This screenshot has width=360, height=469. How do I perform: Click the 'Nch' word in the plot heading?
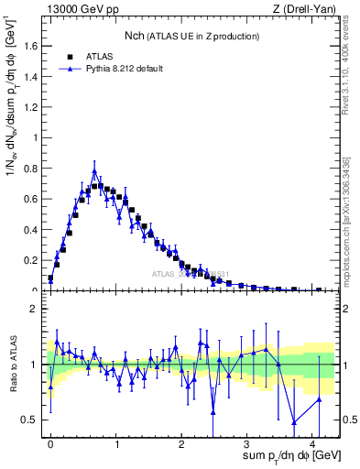(x=136, y=36)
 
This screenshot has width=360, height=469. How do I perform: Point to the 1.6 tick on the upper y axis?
(x=34, y=47)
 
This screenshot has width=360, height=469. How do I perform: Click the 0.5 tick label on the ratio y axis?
(x=34, y=420)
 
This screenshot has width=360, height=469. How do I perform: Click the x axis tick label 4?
(x=312, y=442)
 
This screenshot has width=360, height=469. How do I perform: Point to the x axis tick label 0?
(x=50, y=442)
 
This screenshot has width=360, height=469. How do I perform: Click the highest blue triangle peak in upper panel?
(x=94, y=169)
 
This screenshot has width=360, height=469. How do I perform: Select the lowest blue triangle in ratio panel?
(x=293, y=422)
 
